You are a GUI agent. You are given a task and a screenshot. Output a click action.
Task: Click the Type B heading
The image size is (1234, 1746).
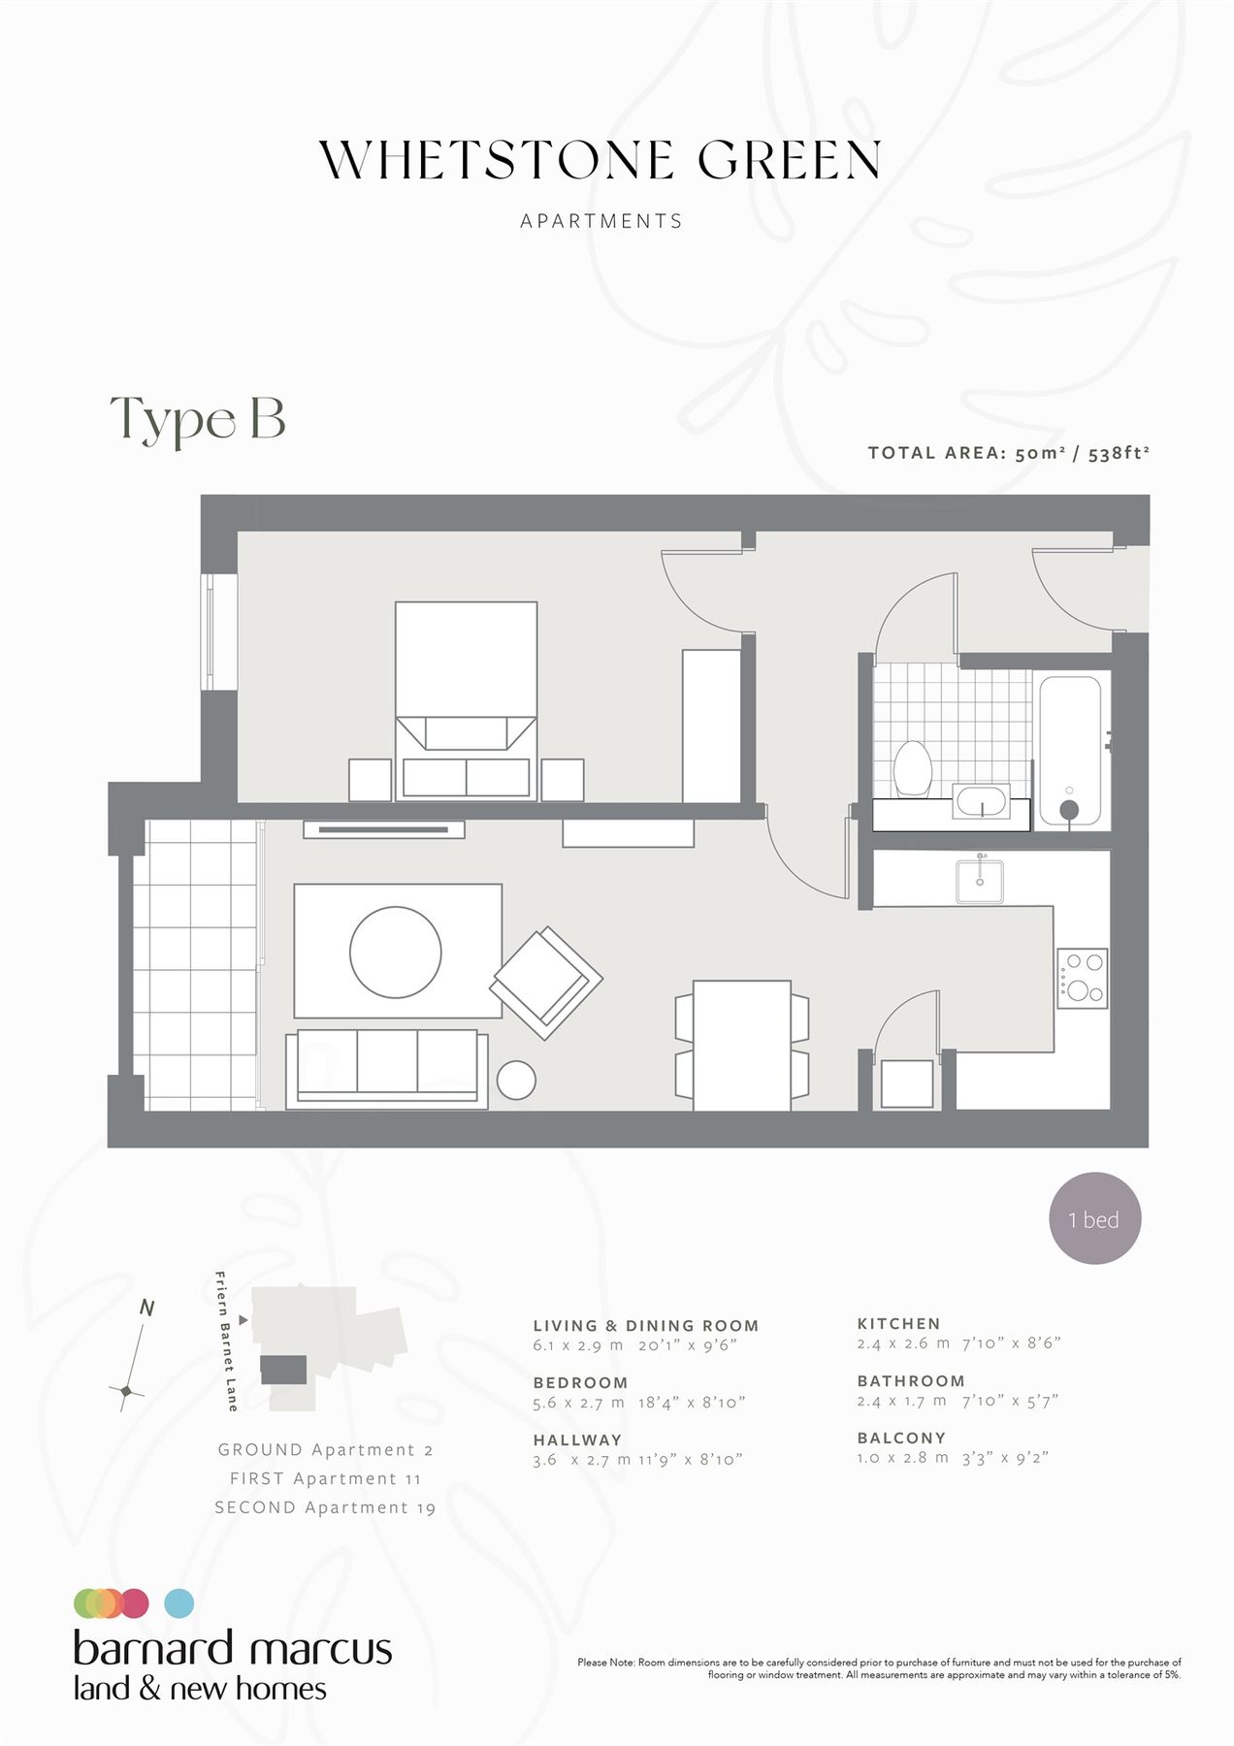tap(198, 419)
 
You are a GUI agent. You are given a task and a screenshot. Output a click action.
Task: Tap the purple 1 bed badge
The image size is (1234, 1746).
tap(1095, 1218)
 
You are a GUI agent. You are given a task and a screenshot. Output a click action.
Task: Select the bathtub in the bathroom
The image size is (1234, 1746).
tap(1070, 751)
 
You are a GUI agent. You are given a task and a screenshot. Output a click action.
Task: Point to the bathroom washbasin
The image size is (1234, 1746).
tap(982, 802)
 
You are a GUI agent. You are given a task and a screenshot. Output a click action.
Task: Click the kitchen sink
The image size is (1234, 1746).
tap(980, 881)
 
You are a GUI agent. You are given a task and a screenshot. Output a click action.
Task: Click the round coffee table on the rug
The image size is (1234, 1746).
tap(396, 952)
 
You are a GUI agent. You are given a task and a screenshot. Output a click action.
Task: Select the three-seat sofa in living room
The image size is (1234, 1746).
tap(387, 1068)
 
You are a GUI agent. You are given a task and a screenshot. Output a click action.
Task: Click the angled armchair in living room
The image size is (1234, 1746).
tap(546, 982)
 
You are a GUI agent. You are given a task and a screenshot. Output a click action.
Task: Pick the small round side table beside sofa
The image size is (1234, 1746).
tap(516, 1080)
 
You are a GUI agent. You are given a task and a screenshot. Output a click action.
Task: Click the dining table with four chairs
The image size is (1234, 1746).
tap(742, 1045)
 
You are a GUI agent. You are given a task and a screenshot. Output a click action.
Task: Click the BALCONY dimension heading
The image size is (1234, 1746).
tap(901, 1438)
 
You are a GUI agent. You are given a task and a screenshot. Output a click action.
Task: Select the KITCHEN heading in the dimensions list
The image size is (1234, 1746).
tap(898, 1323)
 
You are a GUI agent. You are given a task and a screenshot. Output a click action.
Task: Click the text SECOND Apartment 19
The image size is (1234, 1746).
tap(325, 1507)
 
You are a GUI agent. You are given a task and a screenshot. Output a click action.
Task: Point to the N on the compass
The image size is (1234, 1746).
tap(147, 1308)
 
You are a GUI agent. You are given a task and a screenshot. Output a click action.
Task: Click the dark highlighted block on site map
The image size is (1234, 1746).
tap(283, 1370)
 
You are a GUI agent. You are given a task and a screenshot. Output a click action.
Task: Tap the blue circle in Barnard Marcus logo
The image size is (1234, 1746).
tap(179, 1603)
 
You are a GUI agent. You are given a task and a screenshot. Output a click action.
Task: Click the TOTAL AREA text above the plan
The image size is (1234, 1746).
tap(1008, 453)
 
